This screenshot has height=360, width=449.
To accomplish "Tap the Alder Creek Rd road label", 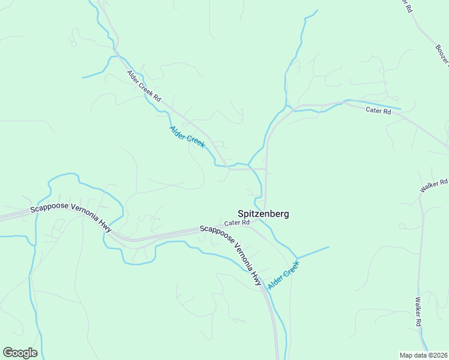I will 145,86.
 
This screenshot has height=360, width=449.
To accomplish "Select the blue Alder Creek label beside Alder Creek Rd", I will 187,137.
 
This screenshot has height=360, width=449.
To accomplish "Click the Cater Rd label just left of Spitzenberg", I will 237,223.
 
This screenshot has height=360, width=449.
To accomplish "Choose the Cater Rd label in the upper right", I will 379,110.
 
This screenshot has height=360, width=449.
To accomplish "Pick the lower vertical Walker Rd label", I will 418,311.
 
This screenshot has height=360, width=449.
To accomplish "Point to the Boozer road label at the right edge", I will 442,53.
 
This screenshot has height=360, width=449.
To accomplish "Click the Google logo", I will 20,353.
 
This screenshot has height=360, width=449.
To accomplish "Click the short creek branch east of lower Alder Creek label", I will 313,253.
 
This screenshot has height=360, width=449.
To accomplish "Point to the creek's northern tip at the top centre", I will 316,11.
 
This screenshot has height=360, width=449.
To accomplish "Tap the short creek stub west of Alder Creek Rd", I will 95,75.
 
